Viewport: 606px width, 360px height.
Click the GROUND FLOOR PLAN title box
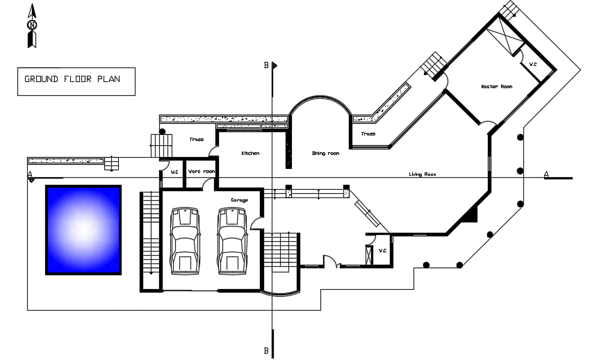pyautogui.click(x=75, y=80)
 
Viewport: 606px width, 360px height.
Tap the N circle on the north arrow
pyautogui.click(x=32, y=25)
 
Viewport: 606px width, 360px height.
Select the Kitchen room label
pyautogui.click(x=249, y=153)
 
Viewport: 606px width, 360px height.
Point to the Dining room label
pyautogui.click(x=325, y=153)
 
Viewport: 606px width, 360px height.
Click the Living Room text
pyautogui.click(x=422, y=174)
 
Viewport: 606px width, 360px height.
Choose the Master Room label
pyautogui.click(x=496, y=86)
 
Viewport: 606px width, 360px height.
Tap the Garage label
pyautogui.click(x=239, y=200)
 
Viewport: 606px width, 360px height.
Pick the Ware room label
pyautogui.click(x=202, y=171)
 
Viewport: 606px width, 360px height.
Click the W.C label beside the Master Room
pyautogui.click(x=533, y=65)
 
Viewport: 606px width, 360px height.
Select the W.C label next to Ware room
pyautogui.click(x=174, y=171)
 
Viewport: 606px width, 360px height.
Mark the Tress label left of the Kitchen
pyautogui.click(x=197, y=140)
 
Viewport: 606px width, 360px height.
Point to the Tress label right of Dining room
pyautogui.click(x=368, y=133)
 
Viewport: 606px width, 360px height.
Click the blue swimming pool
pyautogui.click(x=83, y=229)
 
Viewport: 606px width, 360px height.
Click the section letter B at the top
pyautogui.click(x=265, y=65)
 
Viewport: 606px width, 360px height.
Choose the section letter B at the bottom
pyautogui.click(x=265, y=351)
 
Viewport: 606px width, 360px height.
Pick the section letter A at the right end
pyautogui.click(x=546, y=174)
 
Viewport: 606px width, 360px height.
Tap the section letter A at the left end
pyautogui.click(x=30, y=174)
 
